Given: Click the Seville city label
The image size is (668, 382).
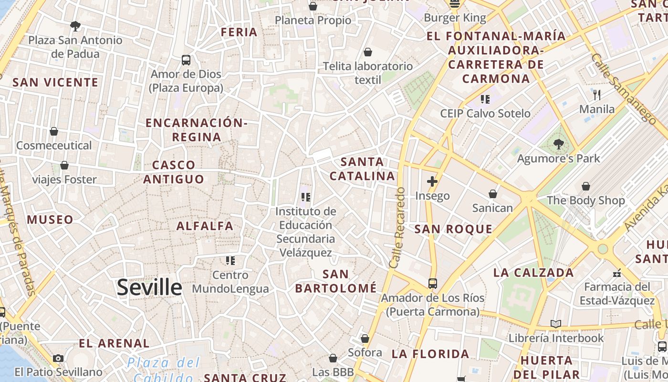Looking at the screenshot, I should (x=149, y=287).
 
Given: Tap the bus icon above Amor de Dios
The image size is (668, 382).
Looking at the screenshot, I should (x=186, y=60).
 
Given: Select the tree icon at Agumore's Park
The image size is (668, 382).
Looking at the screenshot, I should (x=558, y=143).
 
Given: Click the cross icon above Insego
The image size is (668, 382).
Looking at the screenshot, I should (x=432, y=181).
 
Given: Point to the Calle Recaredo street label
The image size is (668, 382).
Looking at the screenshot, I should (x=397, y=227).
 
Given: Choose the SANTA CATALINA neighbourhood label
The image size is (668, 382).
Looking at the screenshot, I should (x=363, y=169).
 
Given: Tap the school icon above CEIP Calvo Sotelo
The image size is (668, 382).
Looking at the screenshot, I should (x=485, y=99).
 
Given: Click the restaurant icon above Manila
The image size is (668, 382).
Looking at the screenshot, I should (x=597, y=95).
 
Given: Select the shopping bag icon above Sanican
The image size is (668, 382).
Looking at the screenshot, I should (x=493, y=194).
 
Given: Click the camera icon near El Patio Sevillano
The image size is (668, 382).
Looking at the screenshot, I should (x=58, y=358).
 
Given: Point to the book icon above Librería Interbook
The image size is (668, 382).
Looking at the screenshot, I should (x=556, y=324).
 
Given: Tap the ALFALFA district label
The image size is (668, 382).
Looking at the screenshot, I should (x=205, y=226).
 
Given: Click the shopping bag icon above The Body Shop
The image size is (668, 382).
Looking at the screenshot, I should (x=586, y=186).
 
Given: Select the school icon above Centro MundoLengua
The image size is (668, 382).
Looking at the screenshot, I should (x=230, y=261).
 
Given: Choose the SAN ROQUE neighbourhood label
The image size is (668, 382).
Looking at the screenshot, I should (x=453, y=229).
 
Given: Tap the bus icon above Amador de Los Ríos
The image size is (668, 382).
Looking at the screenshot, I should (x=433, y=283).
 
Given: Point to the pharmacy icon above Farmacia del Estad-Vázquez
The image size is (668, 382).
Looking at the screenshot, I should (x=617, y=273).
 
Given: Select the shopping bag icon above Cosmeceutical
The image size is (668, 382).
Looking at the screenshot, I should (x=54, y=131).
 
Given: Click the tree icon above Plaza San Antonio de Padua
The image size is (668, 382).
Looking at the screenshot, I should (x=75, y=26).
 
